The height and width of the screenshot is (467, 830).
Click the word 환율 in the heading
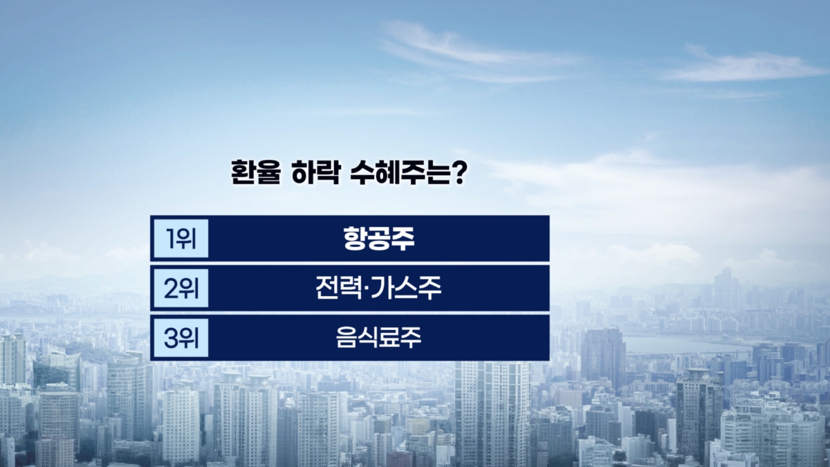pyautogui.click(x=256, y=172)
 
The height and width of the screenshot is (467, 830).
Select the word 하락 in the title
pyautogui.click(x=315, y=172)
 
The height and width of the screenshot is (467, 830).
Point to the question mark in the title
pyautogui.click(x=459, y=172)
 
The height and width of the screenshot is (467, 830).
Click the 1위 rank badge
pyautogui.click(x=181, y=238)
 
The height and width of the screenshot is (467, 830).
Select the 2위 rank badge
pyautogui.click(x=181, y=289)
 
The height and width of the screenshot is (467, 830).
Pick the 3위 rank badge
pyautogui.click(x=181, y=338)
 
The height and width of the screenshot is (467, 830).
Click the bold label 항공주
pyautogui.click(x=379, y=238)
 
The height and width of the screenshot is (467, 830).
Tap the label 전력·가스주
pyautogui.click(x=378, y=288)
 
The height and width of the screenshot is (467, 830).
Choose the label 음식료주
pyautogui.click(x=379, y=338)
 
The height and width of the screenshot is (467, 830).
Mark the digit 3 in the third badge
pyautogui.click(x=171, y=338)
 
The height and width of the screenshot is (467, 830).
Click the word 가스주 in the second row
pyautogui.click(x=406, y=288)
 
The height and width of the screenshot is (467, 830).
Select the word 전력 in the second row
pyautogui.click(x=338, y=288)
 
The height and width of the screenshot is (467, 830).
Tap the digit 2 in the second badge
pyautogui.click(x=172, y=289)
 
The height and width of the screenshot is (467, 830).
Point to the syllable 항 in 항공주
pyautogui.click(x=355, y=238)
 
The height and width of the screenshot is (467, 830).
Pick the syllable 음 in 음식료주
pyautogui.click(x=346, y=338)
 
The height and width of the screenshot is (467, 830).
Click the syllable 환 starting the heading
pyautogui.click(x=243, y=172)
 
